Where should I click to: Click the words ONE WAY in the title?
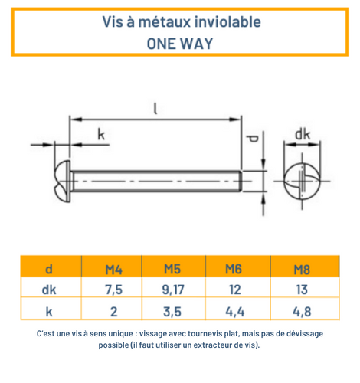tap(179, 43)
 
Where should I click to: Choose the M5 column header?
tap(172, 269)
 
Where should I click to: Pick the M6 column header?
tap(233, 269)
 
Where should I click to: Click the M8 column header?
tap(303, 269)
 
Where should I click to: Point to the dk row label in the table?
tap(50, 290)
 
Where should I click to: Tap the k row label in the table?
tap(50, 310)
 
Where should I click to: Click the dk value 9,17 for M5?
tap(172, 290)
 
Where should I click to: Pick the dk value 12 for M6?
tap(233, 290)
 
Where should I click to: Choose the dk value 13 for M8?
tap(303, 290)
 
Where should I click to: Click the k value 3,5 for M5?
tap(172, 310)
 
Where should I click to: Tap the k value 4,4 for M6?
tap(233, 310)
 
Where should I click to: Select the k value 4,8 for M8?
tap(303, 310)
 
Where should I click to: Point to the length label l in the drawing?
tap(155, 109)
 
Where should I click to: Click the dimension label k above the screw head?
tap(101, 136)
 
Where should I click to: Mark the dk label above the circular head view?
tap(303, 136)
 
